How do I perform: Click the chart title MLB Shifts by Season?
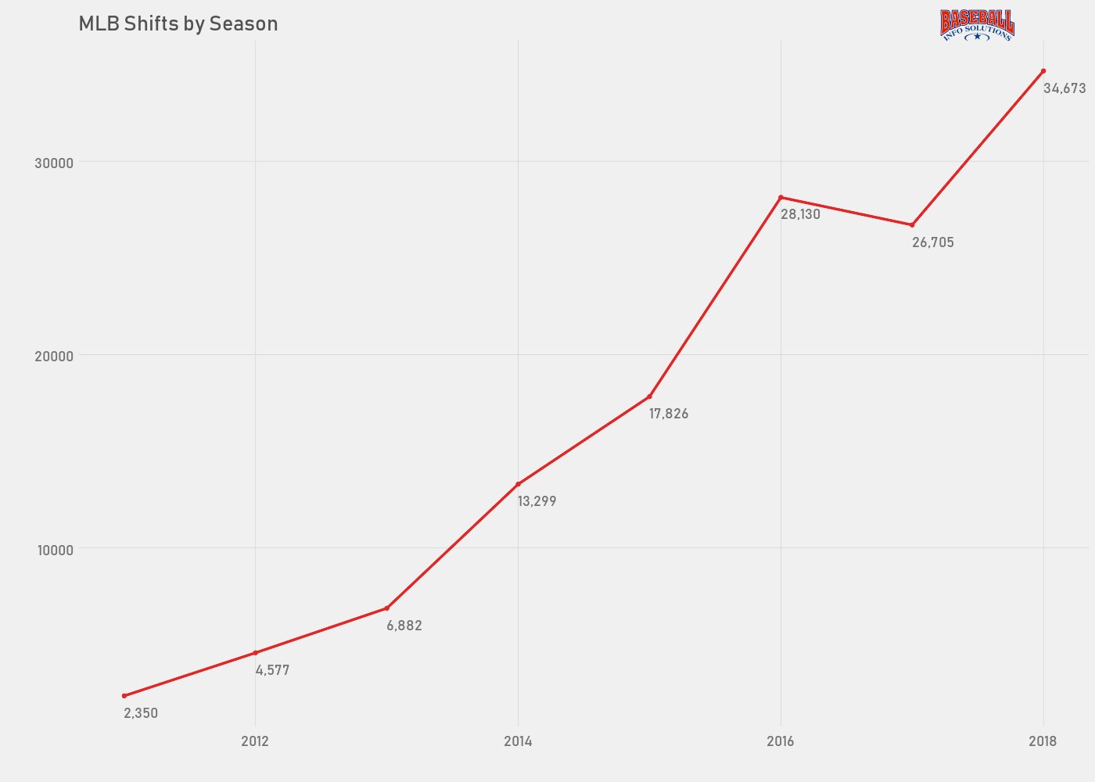[178, 24]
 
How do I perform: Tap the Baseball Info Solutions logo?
[977, 25]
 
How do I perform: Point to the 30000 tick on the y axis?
[54, 163]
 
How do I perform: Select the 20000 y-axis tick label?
[54, 356]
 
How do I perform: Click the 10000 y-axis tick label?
[55, 550]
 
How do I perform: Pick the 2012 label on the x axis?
[255, 741]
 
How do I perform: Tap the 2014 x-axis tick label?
[518, 741]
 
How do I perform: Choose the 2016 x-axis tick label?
[781, 741]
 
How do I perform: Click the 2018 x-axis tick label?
[1043, 741]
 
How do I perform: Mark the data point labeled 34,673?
[1043, 71]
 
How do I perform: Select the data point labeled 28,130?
[781, 197]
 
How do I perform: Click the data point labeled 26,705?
[912, 225]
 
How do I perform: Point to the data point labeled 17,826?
[649, 396]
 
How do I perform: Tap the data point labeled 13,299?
[518, 484]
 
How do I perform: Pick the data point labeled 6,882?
[386, 608]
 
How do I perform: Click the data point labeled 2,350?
[124, 696]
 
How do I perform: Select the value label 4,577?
[272, 670]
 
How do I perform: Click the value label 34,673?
[1064, 89]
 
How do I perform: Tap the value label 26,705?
[933, 242]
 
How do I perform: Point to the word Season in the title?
[243, 24]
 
